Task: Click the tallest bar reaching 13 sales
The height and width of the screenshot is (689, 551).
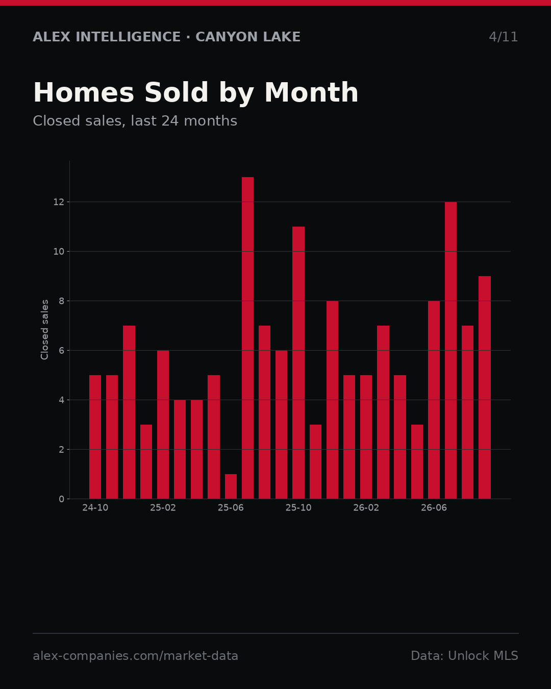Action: coord(247,338)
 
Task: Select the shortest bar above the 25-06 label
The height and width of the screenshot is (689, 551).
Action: coord(231,486)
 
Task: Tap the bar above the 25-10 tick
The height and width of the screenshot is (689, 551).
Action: coord(298,362)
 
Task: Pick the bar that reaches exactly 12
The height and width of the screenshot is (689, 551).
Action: coord(450,350)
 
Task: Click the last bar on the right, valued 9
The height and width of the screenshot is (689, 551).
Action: coord(484,387)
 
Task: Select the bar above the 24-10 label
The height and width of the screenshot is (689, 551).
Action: coord(95,437)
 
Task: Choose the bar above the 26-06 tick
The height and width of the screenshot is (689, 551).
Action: coord(434,400)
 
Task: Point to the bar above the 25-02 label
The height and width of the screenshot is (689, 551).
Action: coord(163,425)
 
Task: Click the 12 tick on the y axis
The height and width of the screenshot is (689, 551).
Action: coord(59,202)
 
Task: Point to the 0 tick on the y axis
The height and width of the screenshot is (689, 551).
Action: coord(61,499)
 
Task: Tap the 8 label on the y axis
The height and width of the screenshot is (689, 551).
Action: coord(61,301)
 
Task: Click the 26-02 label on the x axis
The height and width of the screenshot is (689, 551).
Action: coord(366,508)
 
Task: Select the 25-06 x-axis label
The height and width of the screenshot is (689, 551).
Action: coord(231,508)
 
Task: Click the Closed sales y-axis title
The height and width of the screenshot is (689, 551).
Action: coord(44,330)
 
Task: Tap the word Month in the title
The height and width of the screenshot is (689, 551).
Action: coord(311,92)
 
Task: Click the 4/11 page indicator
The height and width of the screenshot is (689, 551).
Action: coord(503,37)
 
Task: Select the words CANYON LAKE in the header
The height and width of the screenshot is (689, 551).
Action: coord(248,37)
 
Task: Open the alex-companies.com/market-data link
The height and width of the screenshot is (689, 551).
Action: coord(135,656)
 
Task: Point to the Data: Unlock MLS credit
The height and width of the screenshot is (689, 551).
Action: coord(464,656)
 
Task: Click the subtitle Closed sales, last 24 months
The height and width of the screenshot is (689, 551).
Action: coord(135,121)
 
